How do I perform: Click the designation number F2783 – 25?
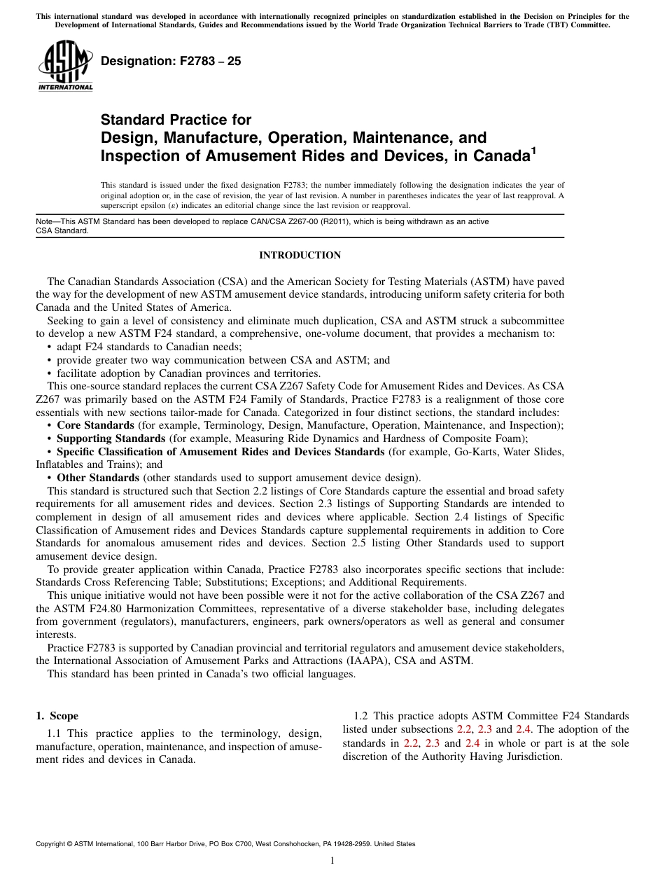171,62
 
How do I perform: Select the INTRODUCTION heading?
300,256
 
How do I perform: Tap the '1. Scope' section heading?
57,716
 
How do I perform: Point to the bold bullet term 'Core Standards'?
95,425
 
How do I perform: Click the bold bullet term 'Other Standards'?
97,478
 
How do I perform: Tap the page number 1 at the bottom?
332,861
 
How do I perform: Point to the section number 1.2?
361,716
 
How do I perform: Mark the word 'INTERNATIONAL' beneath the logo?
65,88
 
